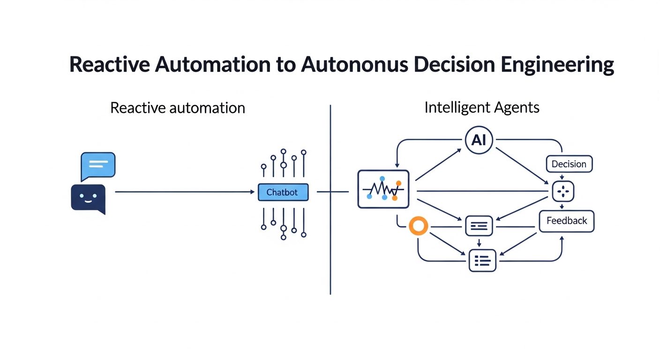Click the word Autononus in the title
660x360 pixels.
coord(354,65)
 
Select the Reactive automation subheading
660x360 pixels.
coord(178,108)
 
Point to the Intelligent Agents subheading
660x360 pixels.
coord(482,107)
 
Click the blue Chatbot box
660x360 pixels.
coord(283,192)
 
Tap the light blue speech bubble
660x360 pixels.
coord(98,166)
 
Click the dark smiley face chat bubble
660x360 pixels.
coord(89,199)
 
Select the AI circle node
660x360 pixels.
coord(479,140)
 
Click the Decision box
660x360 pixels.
coord(569,164)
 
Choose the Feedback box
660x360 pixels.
coord(567,221)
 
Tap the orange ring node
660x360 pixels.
coord(419,226)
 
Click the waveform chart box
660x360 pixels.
coord(383,189)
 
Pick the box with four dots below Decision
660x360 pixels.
coord(563,191)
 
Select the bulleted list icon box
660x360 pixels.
coord(482,261)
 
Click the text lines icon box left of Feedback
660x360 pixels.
coord(479,226)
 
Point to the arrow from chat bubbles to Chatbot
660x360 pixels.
coord(185,192)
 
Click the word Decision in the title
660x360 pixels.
coord(454,65)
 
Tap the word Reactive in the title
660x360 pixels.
coord(110,65)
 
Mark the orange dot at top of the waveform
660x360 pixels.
coord(398,183)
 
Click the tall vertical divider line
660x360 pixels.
coord(330,199)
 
